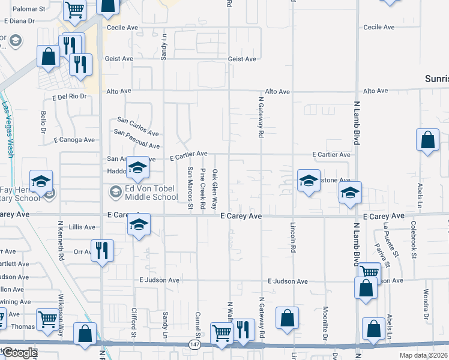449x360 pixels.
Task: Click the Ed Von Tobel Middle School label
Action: click(151, 193)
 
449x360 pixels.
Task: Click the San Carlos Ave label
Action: click(137, 126)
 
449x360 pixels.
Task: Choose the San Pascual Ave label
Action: click(136, 140)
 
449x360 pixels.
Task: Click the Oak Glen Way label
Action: click(215, 189)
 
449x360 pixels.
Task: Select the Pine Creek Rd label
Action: click(203, 189)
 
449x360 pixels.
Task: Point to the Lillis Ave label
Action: click(82, 227)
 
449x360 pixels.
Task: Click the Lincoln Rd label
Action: click(293, 238)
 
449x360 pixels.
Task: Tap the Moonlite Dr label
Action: click(325, 321)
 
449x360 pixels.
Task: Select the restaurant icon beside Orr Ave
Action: click(101, 250)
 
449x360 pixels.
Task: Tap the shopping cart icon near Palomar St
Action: click(75, 9)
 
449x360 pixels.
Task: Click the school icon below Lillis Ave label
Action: click(139, 225)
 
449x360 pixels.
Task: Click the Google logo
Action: click(19, 353)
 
